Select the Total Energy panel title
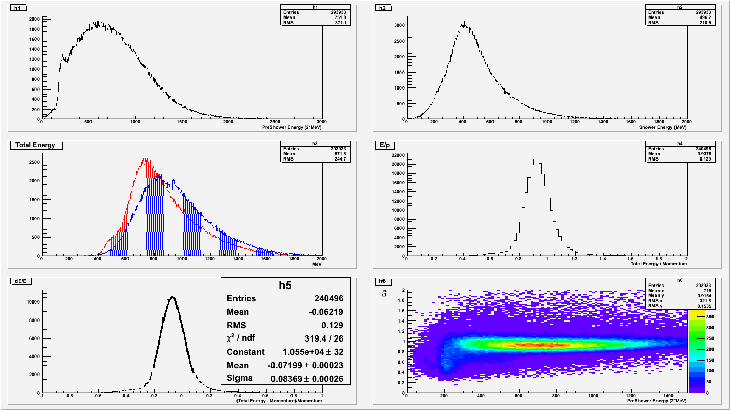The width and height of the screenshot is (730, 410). coord(35,146)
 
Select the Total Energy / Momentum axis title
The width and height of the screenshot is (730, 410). coord(659,263)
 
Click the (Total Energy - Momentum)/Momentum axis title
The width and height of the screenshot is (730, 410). coord(279,401)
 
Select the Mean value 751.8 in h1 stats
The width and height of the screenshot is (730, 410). coord(315,17)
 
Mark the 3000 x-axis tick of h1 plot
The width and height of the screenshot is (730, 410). coord(322,123)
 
